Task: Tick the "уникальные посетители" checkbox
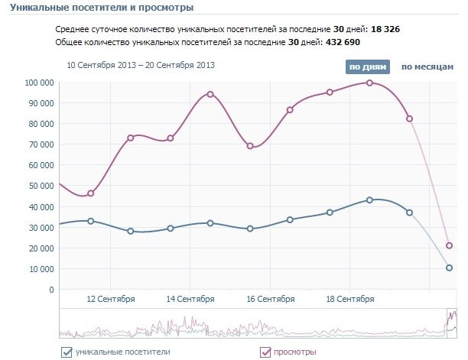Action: pos(66,352)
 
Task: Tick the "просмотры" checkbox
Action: pos(266,352)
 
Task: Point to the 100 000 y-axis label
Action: pos(39,83)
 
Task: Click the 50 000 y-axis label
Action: pos(41,186)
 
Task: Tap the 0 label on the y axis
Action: pos(51,290)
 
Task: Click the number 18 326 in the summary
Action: pos(385,29)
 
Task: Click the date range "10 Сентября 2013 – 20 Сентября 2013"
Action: pos(141,65)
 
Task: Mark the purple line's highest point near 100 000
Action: pos(369,83)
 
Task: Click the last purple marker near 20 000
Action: pos(450,245)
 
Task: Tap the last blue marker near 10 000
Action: pos(450,268)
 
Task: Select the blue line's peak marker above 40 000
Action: pos(369,199)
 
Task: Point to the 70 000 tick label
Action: pos(41,144)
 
